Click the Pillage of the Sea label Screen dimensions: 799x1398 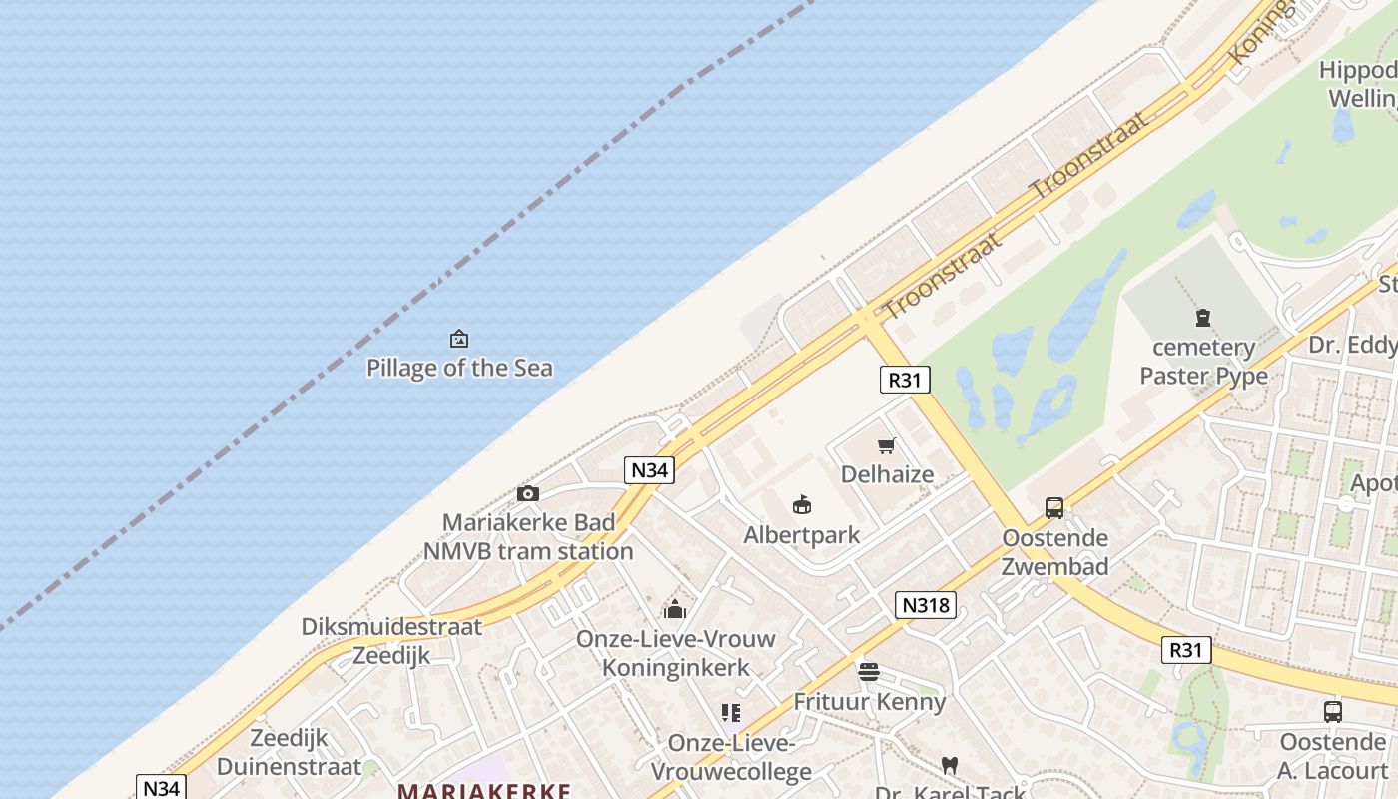(459, 368)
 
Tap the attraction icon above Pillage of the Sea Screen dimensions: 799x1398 (459, 339)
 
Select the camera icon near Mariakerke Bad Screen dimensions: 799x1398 (528, 493)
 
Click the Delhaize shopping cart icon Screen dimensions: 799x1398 (886, 445)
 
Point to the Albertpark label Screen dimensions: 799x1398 (801, 535)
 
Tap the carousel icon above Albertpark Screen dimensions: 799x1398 (801, 505)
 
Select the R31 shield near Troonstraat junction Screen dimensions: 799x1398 (905, 380)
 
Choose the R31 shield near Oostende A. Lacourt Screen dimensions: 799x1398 (1186, 650)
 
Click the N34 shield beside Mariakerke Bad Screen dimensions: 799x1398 (649, 470)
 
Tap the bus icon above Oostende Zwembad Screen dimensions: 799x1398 (1054, 508)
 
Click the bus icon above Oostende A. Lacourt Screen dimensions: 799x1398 (1332, 712)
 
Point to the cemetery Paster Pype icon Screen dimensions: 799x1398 (1203, 319)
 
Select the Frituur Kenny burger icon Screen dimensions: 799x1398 (868, 672)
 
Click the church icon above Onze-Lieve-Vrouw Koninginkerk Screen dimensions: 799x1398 (675, 608)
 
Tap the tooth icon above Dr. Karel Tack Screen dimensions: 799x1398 (949, 766)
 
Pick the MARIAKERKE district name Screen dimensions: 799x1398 (484, 791)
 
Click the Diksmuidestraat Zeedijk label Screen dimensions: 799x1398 (391, 641)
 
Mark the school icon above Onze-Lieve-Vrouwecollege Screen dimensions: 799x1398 (731, 713)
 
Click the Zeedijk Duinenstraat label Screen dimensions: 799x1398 (289, 753)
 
